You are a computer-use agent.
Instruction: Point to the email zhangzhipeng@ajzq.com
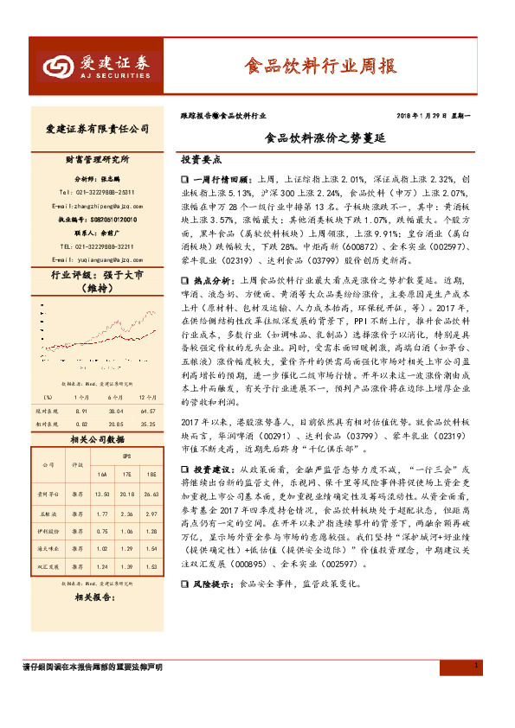[x=96, y=207]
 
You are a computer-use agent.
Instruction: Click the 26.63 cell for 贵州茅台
[x=151, y=493]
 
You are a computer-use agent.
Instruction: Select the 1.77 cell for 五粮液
[x=101, y=513]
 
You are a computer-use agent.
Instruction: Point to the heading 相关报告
[x=89, y=597]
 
